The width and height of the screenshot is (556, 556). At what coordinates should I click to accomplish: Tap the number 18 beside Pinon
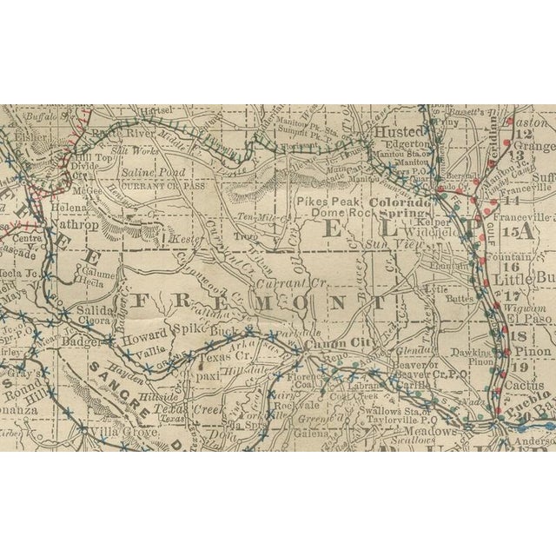[x=521, y=335]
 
